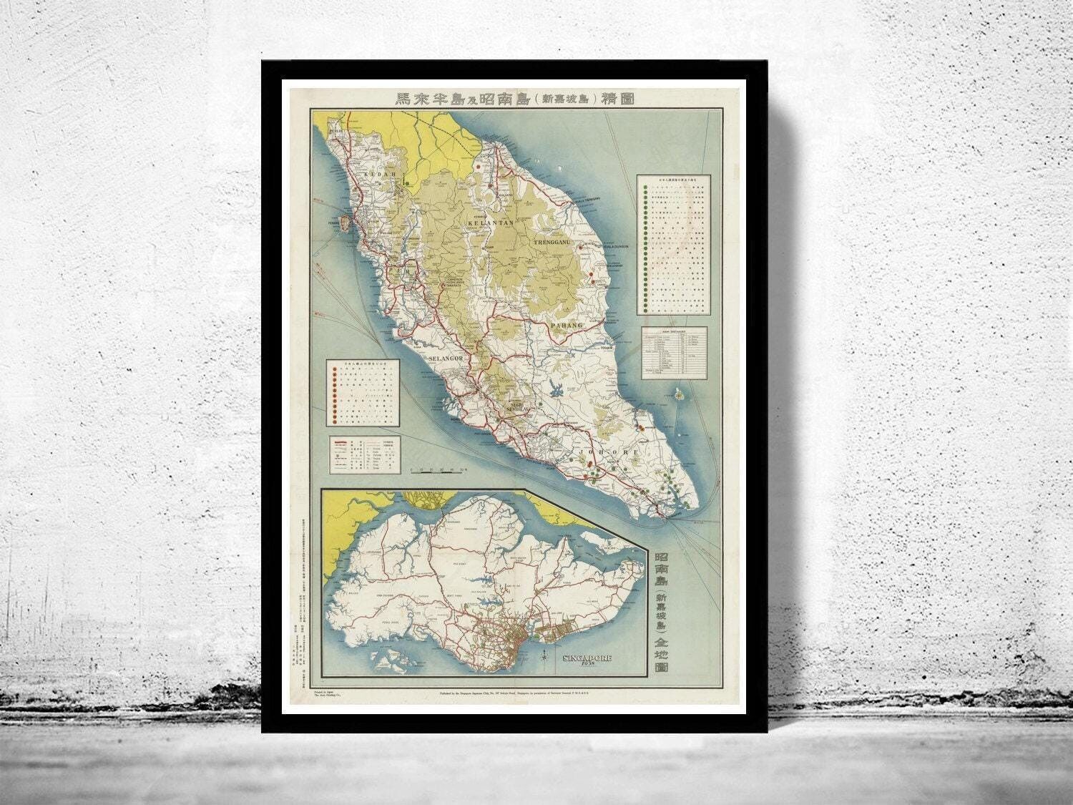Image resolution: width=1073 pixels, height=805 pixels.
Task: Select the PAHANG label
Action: [568, 326]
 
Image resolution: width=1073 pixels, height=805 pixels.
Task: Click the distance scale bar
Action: [440, 469]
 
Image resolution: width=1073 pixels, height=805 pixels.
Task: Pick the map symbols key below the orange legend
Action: [364, 454]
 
